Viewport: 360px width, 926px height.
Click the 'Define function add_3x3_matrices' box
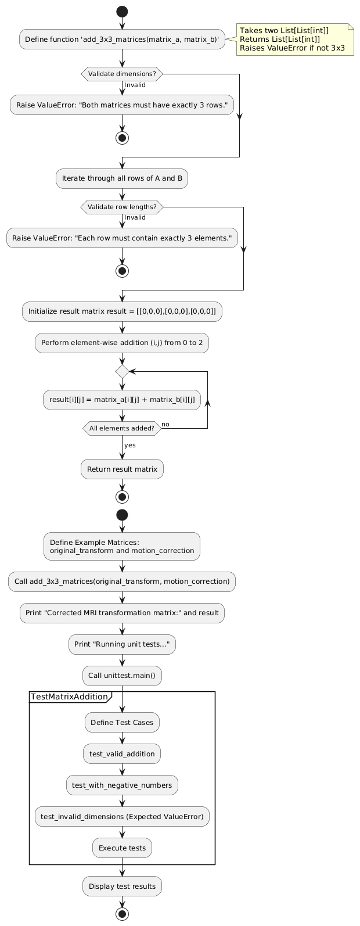(x=122, y=40)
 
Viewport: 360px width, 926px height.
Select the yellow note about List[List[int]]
(x=295, y=40)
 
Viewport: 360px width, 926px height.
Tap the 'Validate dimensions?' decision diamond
(x=122, y=74)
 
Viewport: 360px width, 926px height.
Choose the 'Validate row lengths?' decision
(x=122, y=206)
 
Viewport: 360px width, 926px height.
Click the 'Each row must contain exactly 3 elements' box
(x=122, y=238)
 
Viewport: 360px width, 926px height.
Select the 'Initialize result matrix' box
(x=122, y=312)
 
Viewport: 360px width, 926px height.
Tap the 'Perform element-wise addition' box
(x=122, y=343)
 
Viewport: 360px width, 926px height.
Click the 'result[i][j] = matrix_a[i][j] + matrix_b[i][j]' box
(x=122, y=400)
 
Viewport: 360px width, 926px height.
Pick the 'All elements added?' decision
(x=122, y=429)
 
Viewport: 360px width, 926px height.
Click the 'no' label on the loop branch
(x=165, y=424)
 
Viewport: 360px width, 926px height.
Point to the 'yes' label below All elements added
(x=130, y=445)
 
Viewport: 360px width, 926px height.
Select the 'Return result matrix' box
(x=122, y=469)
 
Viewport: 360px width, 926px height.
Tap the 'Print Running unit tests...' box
(x=122, y=644)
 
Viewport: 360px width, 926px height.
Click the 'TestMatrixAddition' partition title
(x=69, y=697)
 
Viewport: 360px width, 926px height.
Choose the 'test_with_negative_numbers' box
(x=122, y=785)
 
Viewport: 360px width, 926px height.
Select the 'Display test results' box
(x=122, y=886)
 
